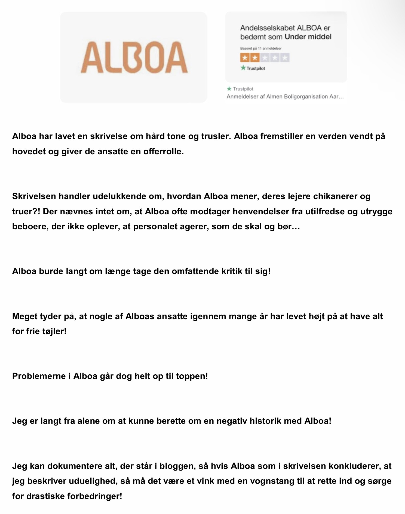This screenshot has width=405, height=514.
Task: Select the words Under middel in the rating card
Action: point(308,37)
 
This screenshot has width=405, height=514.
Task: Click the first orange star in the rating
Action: point(245,58)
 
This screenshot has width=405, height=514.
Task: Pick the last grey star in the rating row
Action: point(285,58)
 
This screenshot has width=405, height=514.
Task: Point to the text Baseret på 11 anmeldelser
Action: point(261,48)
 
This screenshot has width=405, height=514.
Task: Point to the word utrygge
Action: point(376,211)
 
